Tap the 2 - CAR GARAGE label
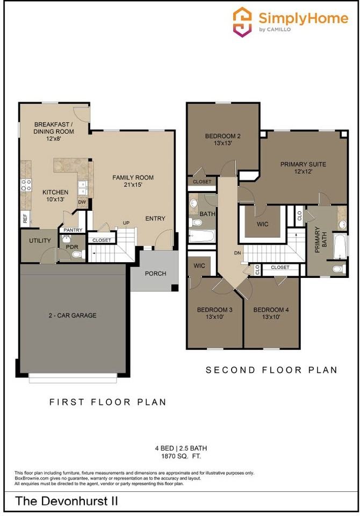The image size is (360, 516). pos(73,316)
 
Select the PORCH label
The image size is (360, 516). pos(155,274)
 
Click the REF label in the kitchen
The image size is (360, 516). pos(25,218)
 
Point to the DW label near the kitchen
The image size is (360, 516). pos(82,202)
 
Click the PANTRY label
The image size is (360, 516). pos(73,230)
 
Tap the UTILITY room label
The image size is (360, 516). pos(40,240)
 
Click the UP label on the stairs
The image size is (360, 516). pos(127,223)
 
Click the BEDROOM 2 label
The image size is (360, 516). pos(222,136)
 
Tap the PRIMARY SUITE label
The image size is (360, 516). pos(303,164)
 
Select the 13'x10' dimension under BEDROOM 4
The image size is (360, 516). pos(271,318)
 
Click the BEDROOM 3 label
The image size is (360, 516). pos(214,310)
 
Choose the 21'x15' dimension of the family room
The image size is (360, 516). pos(133,185)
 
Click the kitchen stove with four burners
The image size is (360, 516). pos(25,185)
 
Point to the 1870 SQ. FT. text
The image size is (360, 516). pos(180,456)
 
